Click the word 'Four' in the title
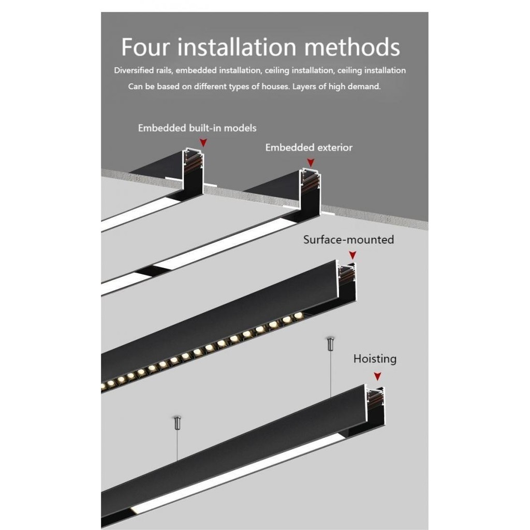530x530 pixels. pyautogui.click(x=146, y=47)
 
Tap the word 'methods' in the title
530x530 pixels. pyautogui.click(x=351, y=47)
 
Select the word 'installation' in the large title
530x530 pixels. pyautogui.click(x=238, y=47)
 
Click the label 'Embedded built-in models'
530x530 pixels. pyautogui.click(x=197, y=128)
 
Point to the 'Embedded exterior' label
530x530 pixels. pyautogui.click(x=308, y=148)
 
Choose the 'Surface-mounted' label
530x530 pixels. pyautogui.click(x=348, y=240)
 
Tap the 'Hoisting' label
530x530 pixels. pyautogui.click(x=375, y=359)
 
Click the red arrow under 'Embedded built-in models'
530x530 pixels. pyautogui.click(x=204, y=142)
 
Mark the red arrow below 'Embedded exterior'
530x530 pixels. pyautogui.click(x=311, y=162)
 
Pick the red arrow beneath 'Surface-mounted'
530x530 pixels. pyautogui.click(x=352, y=255)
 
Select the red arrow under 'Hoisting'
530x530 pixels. pyautogui.click(x=378, y=376)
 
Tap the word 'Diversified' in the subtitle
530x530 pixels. pyautogui.click(x=134, y=70)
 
